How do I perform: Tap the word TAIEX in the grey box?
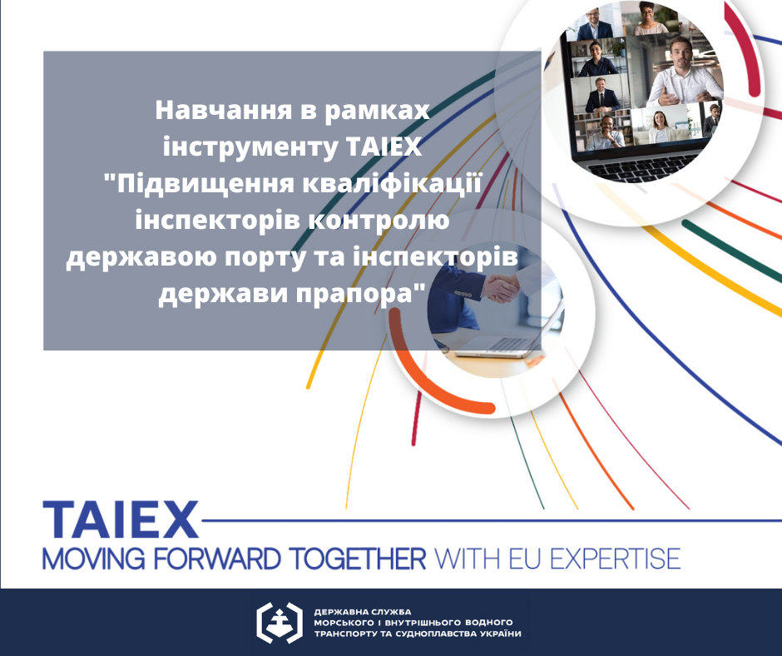click(384, 147)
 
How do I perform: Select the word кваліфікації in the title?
click(393, 184)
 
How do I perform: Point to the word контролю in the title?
click(379, 221)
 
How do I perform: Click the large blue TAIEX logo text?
click(121, 519)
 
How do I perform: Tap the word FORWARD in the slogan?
click(217, 558)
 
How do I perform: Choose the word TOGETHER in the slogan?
click(358, 558)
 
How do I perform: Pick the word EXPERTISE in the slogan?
click(616, 558)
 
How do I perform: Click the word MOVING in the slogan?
click(94, 558)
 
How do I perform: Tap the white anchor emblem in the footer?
click(280, 623)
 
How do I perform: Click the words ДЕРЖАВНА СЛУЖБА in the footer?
click(363, 612)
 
